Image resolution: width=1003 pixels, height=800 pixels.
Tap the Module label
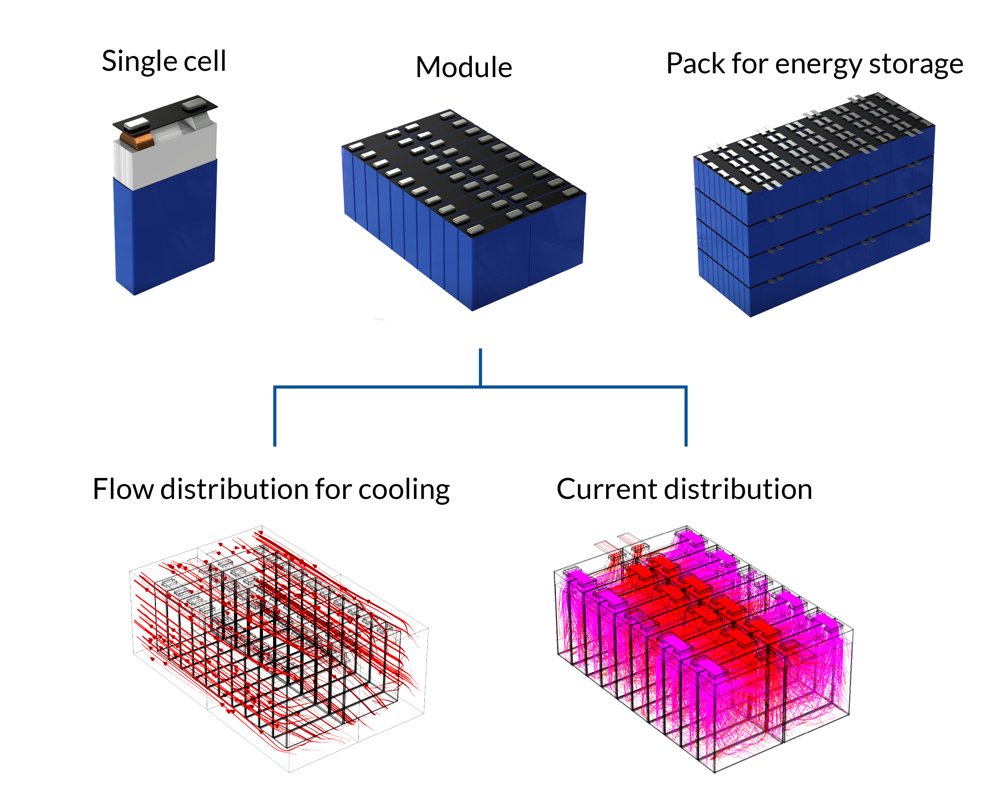pyautogui.click(x=464, y=67)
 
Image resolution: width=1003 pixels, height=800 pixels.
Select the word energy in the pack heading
pyautogui.click(x=817, y=64)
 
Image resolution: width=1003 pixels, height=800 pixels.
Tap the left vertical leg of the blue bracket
pyautogui.click(x=275, y=417)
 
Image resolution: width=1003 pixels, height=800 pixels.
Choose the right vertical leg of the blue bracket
pyautogui.click(x=686, y=417)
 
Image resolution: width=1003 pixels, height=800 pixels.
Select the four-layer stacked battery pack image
pyautogui.click(x=814, y=205)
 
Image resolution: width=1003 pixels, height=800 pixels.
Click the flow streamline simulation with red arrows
pyautogui.click(x=279, y=647)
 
